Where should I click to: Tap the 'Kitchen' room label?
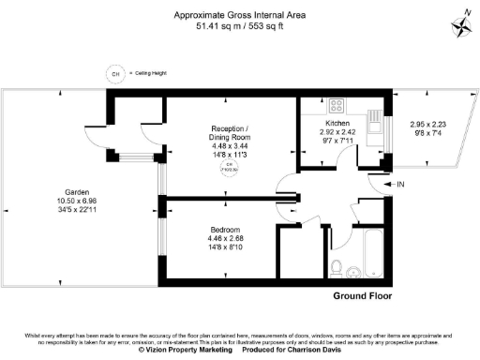click(337, 124)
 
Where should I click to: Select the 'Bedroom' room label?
click(226, 230)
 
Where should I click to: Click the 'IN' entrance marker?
click(401, 186)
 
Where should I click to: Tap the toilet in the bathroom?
click(337, 262)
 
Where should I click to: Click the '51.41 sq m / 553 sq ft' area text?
click(239, 26)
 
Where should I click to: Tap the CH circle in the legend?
click(115, 73)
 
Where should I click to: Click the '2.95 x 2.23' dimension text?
click(429, 124)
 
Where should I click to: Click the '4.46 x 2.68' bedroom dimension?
click(226, 238)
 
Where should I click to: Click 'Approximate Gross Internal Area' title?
click(239, 15)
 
